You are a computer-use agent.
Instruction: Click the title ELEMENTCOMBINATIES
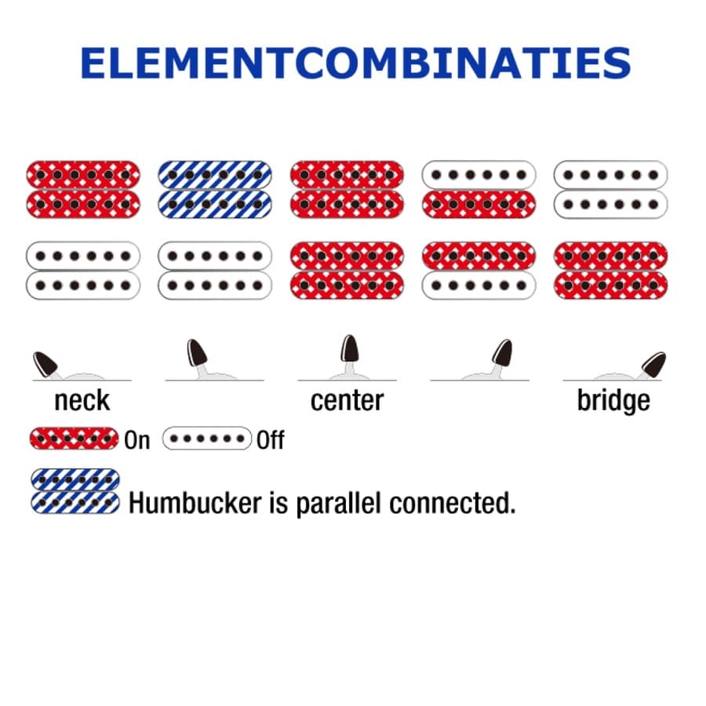click(x=355, y=63)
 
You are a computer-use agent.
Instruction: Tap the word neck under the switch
click(x=82, y=400)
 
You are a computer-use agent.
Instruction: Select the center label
click(x=347, y=400)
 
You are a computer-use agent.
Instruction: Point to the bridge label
click(x=613, y=400)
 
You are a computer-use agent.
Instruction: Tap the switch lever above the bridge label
click(x=652, y=364)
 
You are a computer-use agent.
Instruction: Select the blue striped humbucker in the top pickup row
click(x=214, y=189)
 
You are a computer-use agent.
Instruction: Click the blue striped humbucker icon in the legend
click(x=75, y=491)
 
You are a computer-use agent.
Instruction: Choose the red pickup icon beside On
click(x=75, y=439)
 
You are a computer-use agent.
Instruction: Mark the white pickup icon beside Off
click(x=206, y=439)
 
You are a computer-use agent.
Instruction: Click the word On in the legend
click(x=136, y=440)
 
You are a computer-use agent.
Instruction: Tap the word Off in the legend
click(x=270, y=440)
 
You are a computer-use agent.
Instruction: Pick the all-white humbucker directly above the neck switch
click(x=83, y=270)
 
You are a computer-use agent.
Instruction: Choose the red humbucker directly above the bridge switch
click(x=610, y=270)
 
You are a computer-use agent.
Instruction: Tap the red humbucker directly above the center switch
click(x=347, y=270)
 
